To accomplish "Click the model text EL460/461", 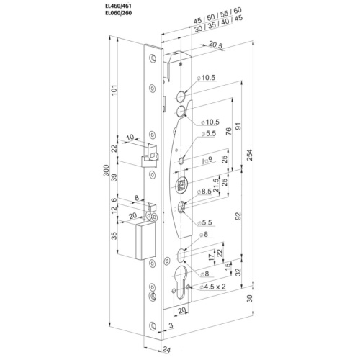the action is (119, 6).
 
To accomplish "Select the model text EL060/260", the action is (119, 13).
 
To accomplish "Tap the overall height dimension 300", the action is (107, 171).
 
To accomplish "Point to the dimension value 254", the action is (250, 156).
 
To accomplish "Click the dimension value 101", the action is (114, 90).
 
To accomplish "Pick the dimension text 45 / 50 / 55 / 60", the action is (217, 16).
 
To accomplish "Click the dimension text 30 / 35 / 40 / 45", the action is (219, 24).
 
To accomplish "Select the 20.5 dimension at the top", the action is (216, 45).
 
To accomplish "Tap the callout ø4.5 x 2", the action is (212, 287).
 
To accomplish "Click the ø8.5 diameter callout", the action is (204, 192).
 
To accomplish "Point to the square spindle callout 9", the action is (207, 160).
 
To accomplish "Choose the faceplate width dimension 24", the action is (166, 350).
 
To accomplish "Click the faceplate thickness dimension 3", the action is (171, 325).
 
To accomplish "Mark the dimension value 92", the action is (238, 216).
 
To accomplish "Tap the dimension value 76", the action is (229, 131).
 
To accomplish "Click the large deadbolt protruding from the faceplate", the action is (145, 240).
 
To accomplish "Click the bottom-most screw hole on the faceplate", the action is (153, 325).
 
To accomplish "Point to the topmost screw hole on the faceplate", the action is (153, 58).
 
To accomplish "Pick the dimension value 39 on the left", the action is (114, 177).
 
